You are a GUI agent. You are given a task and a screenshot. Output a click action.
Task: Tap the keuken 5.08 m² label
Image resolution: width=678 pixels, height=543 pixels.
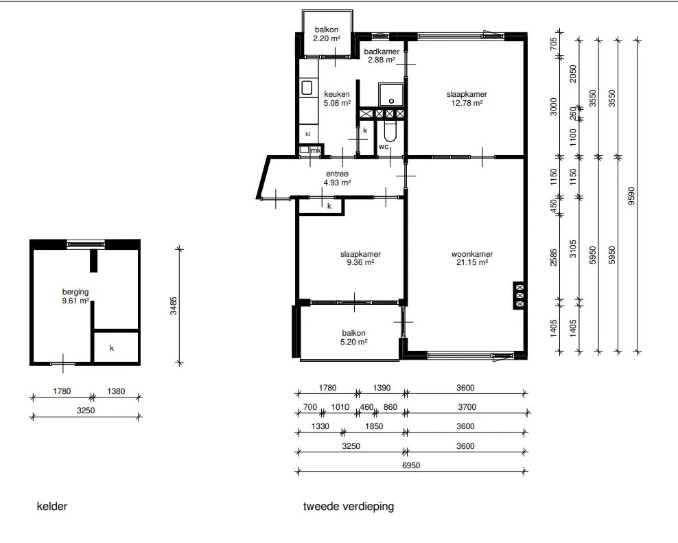337,99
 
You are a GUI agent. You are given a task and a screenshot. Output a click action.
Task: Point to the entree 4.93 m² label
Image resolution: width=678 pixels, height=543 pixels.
337,178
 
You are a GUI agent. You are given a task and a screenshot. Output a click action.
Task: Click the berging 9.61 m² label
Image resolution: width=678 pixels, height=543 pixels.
75,297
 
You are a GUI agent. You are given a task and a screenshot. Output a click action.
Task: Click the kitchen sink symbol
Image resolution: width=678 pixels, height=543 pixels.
307,88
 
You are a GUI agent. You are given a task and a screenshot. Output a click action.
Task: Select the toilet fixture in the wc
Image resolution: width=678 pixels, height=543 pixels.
390,131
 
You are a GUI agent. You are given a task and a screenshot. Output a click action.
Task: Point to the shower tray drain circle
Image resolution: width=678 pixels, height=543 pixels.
391,101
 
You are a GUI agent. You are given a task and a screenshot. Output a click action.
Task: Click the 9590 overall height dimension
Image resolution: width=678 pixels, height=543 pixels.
631,196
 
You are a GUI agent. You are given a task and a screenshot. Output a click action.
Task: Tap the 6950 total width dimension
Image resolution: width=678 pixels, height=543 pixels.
411,465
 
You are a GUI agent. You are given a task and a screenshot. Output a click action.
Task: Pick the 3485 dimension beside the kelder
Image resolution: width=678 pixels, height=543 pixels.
174,305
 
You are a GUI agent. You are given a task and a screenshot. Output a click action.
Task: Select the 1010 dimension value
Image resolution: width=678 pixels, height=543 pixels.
340,407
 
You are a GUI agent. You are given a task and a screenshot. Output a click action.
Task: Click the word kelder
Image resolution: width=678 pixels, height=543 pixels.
52,506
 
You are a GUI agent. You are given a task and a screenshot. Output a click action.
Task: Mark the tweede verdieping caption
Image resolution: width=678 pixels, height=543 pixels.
349,507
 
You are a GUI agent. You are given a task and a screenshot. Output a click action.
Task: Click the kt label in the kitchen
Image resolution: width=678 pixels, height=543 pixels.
308,134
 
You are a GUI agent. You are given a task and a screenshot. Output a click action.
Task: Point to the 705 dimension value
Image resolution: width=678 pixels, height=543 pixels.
554,44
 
